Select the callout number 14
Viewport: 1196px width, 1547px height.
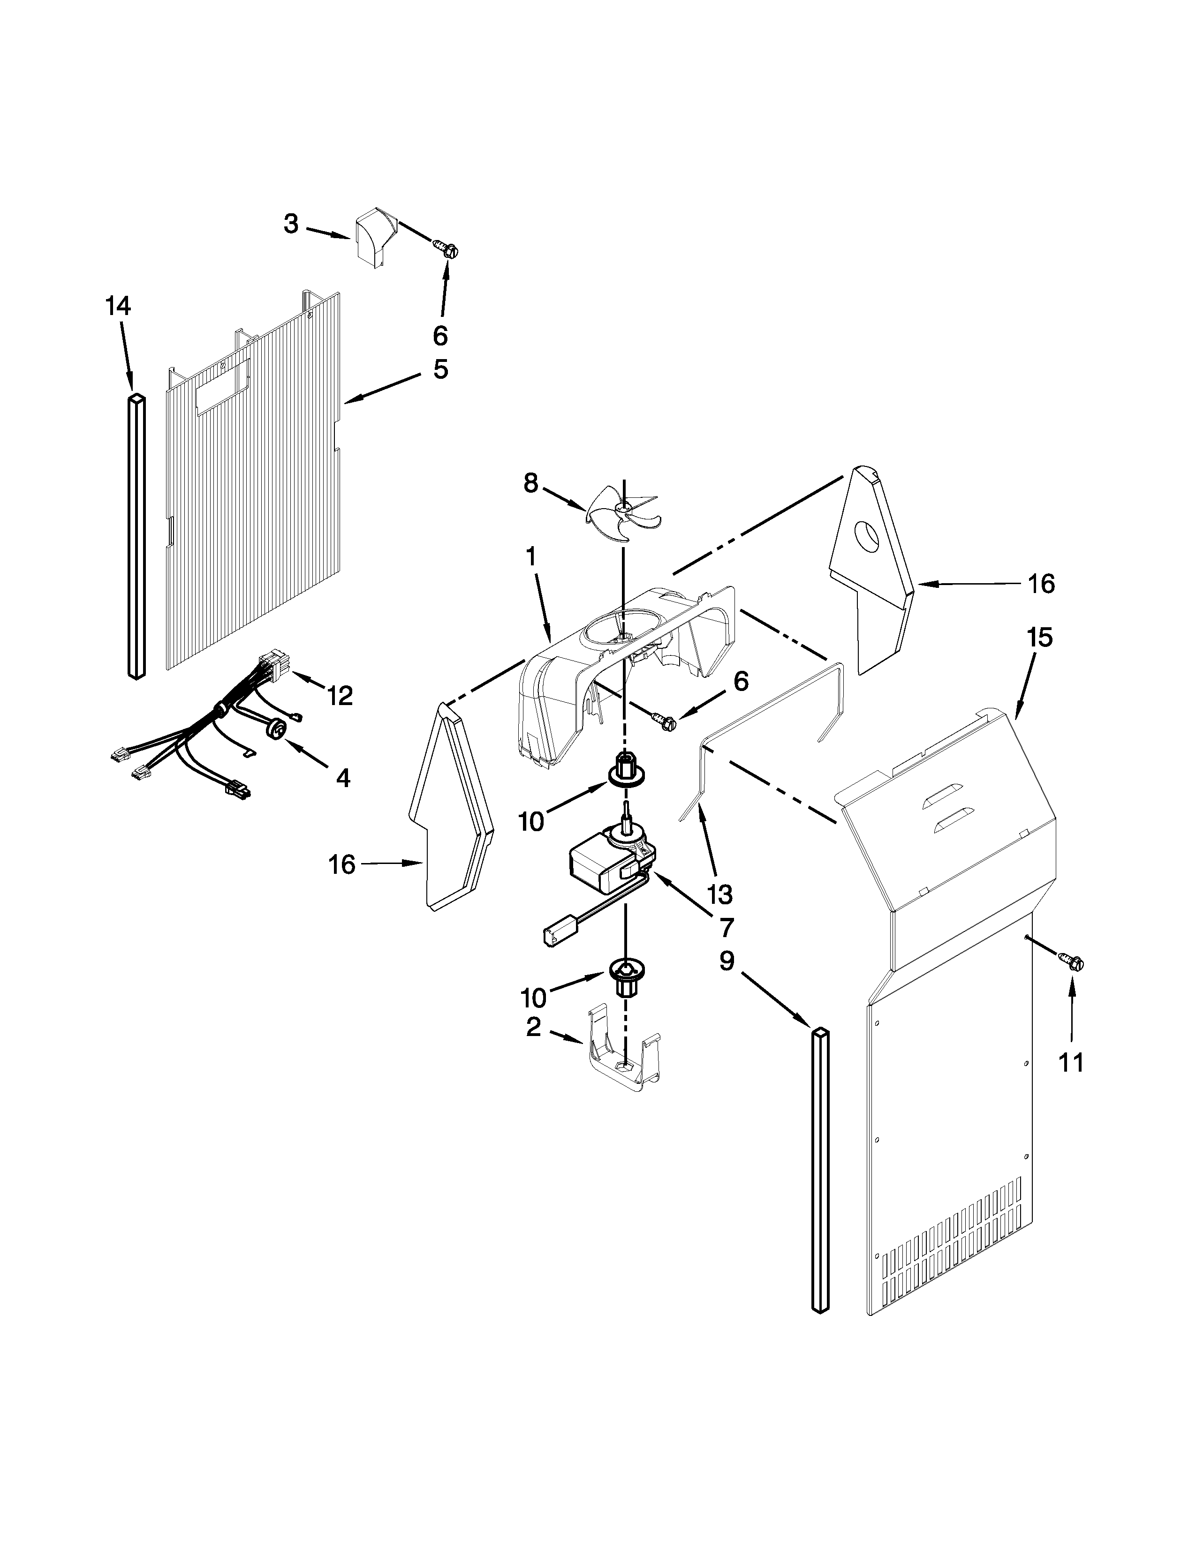pyautogui.click(x=118, y=306)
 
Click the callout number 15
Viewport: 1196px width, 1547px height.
pyautogui.click(x=1039, y=638)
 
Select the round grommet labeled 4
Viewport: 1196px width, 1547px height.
pyautogui.click(x=279, y=728)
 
